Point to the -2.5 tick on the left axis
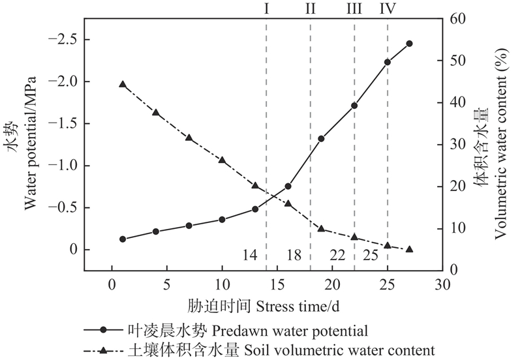pyautogui.click(x=63, y=40)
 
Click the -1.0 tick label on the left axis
pyautogui.click(x=63, y=166)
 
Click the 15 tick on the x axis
pyautogui.click(x=277, y=284)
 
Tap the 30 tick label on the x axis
pyautogui.click(x=442, y=284)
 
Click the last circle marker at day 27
pyautogui.click(x=409, y=44)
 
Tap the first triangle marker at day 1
pyautogui.click(x=123, y=84)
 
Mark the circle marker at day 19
pyautogui.click(x=321, y=139)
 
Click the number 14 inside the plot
pyautogui.click(x=250, y=255)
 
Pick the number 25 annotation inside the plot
pyautogui.click(x=371, y=255)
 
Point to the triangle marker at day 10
pyautogui.click(x=222, y=160)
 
